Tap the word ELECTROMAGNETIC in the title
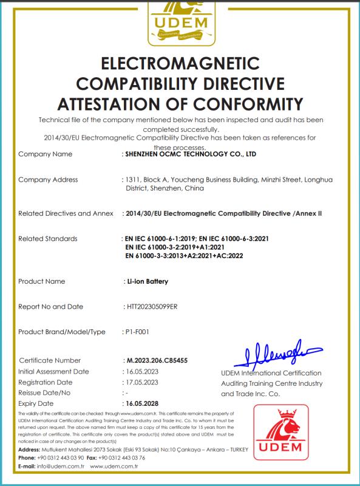click(x=180, y=64)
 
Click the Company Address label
click(x=48, y=180)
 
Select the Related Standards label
click(x=48, y=238)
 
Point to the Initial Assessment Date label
click(x=54, y=371)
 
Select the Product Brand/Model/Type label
click(x=62, y=332)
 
